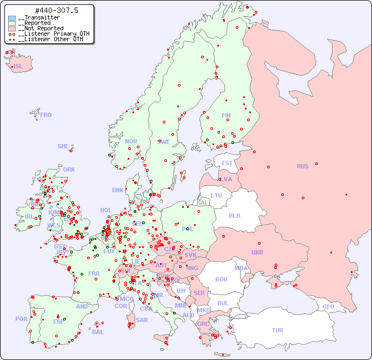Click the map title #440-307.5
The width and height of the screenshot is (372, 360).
tap(49, 10)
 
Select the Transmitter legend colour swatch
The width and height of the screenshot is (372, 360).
tap(12, 18)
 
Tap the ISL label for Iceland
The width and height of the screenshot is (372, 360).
tap(18, 67)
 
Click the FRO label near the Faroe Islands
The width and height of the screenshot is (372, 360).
tap(46, 115)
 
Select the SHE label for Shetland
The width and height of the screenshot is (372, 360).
tap(63, 146)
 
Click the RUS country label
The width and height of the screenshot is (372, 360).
tap(302, 166)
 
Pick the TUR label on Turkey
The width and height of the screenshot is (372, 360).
tap(277, 330)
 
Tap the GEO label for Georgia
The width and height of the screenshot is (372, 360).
tap(328, 306)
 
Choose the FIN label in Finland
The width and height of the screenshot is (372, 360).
tap(226, 115)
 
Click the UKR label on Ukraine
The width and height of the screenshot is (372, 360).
tap(257, 252)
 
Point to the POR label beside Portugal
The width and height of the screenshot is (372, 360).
tap(21, 319)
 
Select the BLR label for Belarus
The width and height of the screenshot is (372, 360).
tap(235, 215)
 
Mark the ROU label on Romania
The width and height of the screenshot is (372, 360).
tap(221, 279)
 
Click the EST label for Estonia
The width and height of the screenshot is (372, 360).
tap(227, 163)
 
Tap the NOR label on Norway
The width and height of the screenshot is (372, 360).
tap(131, 141)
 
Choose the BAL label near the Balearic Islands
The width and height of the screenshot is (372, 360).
tap(97, 332)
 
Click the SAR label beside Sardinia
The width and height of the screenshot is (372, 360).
tap(142, 320)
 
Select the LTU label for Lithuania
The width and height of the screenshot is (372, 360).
tap(216, 195)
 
